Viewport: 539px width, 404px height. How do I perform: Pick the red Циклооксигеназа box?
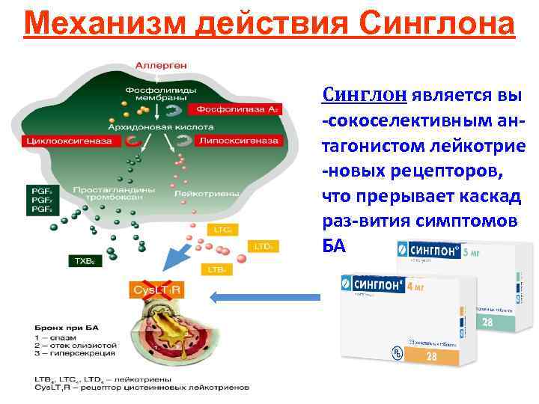tap(63, 140)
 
